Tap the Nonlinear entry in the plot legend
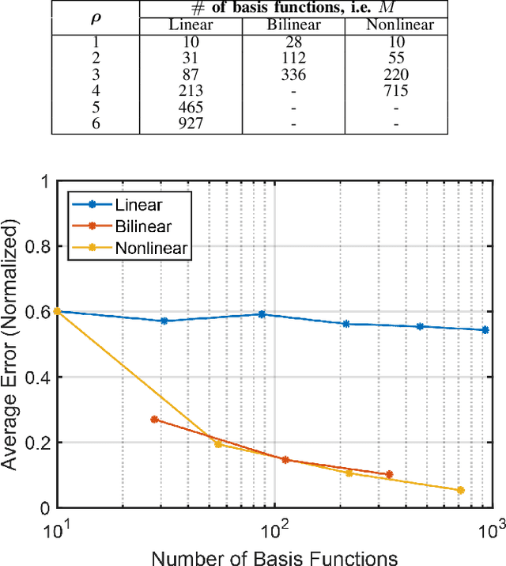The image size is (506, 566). [x=149, y=248]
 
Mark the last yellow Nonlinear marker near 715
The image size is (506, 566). [x=460, y=491]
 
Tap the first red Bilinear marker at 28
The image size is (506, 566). [x=154, y=420]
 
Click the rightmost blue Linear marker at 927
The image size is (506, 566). [x=485, y=330]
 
